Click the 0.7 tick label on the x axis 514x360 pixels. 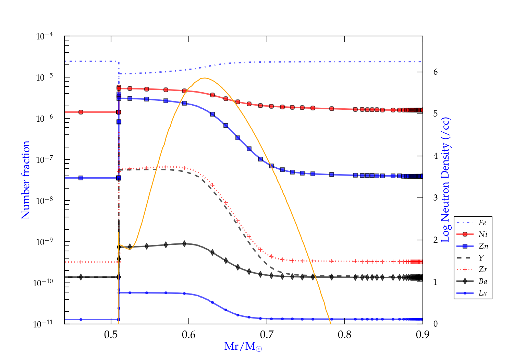tap(267, 334)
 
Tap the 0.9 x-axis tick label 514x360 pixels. tap(423, 334)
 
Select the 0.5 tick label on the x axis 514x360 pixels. tap(111, 334)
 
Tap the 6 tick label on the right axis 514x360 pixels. tap(436, 72)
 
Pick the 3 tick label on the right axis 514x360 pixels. tap(436, 197)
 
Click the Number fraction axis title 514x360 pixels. tap(26, 180)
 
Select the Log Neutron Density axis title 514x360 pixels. tap(445, 180)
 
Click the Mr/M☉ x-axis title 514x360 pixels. tap(243, 347)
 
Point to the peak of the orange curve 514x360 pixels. tap(204, 78)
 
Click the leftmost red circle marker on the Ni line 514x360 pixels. tap(81, 112)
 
